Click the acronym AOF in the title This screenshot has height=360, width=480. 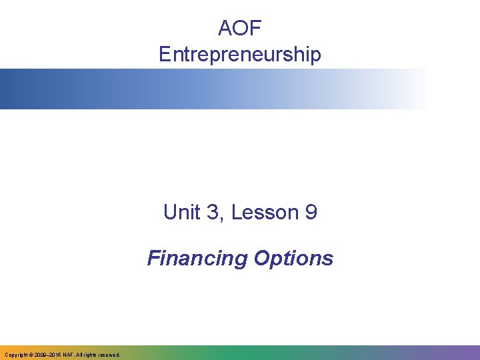pos(240,29)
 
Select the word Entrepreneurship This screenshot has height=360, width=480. pos(240,55)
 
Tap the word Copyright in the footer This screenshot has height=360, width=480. pos(15,355)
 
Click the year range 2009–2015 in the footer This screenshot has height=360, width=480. pos(49,355)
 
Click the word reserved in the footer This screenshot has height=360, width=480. pos(108,355)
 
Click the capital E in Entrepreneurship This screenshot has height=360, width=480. pos(165,55)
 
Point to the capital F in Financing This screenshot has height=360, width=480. pos(153,258)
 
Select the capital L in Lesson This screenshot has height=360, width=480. pos(235,213)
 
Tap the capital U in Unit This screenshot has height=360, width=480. pos(169,213)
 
